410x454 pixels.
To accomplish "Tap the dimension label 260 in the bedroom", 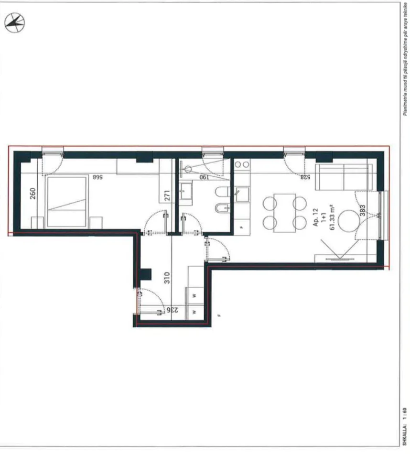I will coord(33,194).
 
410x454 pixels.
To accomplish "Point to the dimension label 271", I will coord(166,196).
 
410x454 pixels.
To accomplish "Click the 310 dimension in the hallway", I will coord(167,279).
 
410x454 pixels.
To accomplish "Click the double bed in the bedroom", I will coord(67,201).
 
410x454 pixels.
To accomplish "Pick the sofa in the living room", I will coord(343,177).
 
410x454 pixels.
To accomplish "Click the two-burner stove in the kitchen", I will coord(242,165).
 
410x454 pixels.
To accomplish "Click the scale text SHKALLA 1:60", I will coord(404,425).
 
